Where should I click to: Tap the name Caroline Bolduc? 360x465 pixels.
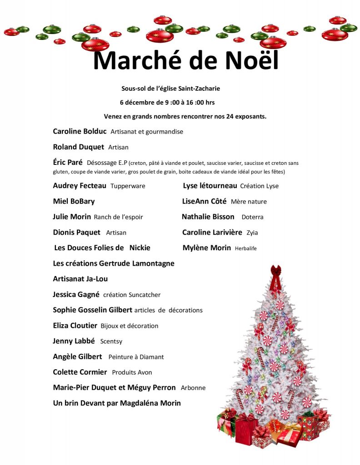80,131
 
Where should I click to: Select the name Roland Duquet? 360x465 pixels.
78,147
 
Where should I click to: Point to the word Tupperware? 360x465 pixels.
128,186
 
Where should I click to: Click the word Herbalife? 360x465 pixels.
245,248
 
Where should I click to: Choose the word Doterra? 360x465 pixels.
252,217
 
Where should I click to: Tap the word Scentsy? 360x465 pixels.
111,341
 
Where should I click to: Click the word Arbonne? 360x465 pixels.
193,388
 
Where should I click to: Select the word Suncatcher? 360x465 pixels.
145,295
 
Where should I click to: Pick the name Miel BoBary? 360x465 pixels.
74,201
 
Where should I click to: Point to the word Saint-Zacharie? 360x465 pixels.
201,89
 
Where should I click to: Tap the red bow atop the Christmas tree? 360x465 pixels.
275,271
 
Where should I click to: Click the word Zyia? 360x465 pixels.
252,232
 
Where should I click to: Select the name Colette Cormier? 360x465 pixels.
80,372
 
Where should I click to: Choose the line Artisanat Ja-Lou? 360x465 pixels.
80,279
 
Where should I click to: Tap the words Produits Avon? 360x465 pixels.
132,372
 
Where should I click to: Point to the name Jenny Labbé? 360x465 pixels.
74,341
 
